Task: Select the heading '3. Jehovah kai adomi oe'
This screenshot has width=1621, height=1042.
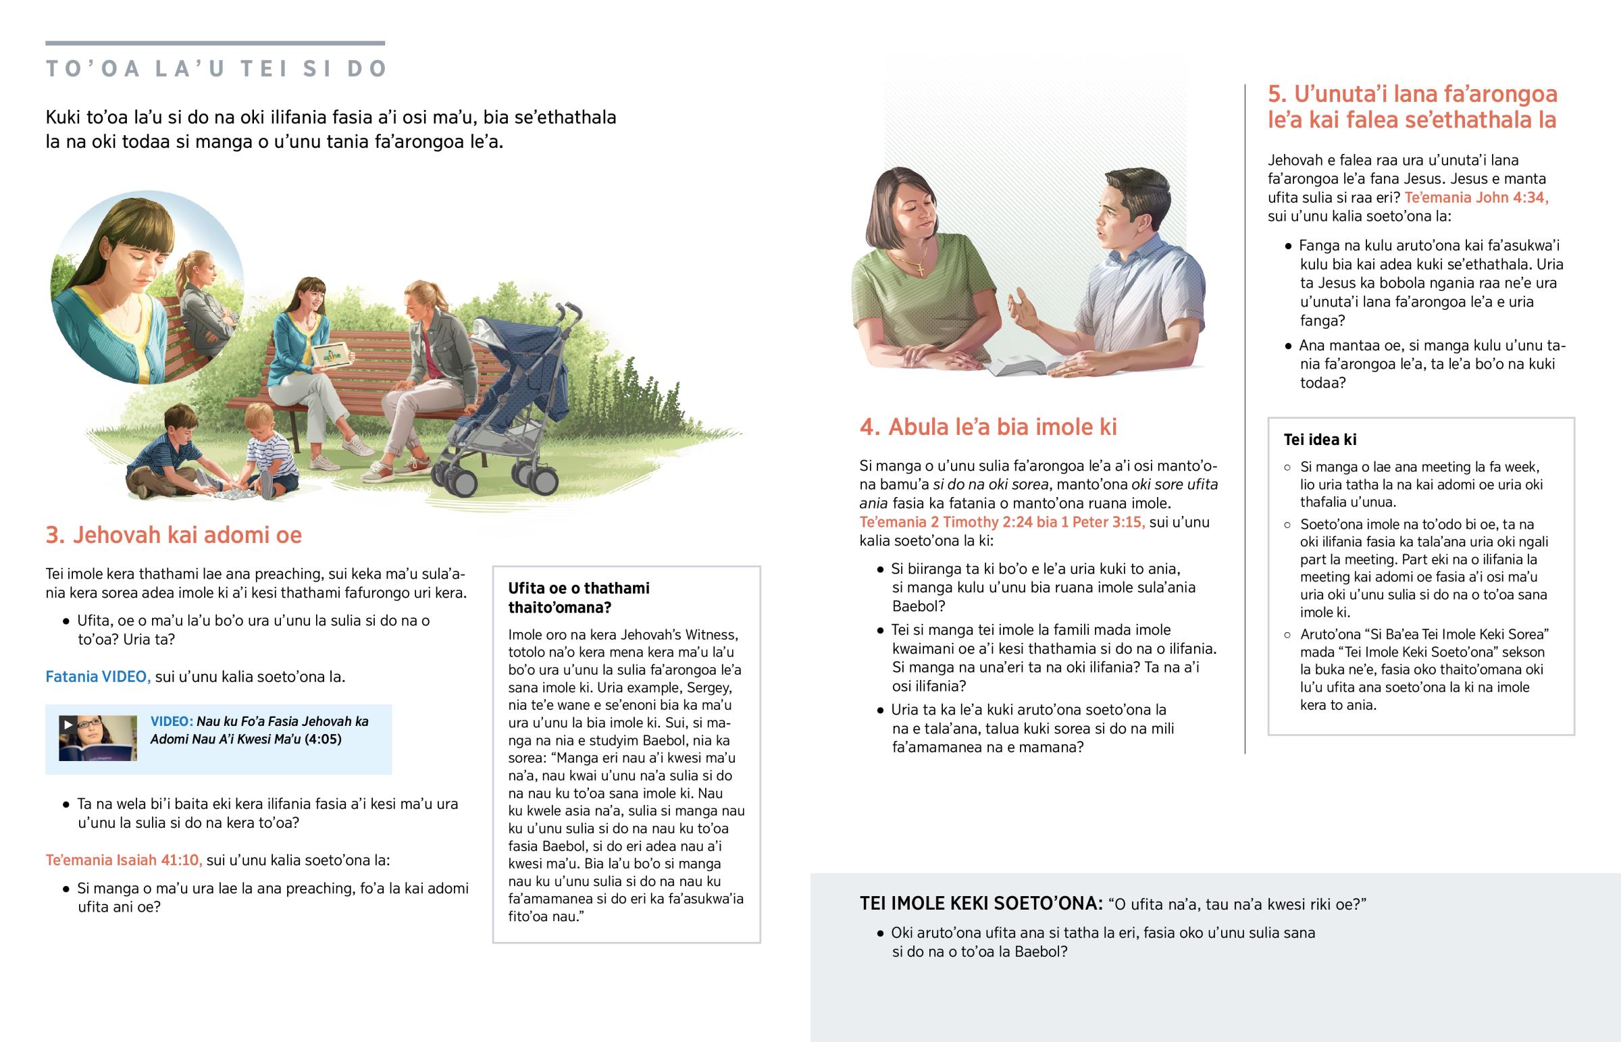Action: (173, 536)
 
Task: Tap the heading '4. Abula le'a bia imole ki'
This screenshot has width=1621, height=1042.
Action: (987, 427)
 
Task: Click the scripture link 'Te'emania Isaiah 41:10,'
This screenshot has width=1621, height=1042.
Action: (124, 860)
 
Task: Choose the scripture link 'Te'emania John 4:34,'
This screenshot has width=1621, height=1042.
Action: (1476, 198)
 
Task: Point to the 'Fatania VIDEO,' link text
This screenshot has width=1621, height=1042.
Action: (98, 677)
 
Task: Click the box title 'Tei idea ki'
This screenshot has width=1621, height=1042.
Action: (1319, 440)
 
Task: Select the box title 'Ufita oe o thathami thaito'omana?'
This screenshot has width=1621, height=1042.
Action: (578, 598)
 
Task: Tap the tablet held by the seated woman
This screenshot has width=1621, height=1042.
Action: (332, 354)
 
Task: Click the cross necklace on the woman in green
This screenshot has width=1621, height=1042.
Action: (920, 269)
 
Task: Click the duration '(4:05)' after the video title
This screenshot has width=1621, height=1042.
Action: (323, 739)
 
